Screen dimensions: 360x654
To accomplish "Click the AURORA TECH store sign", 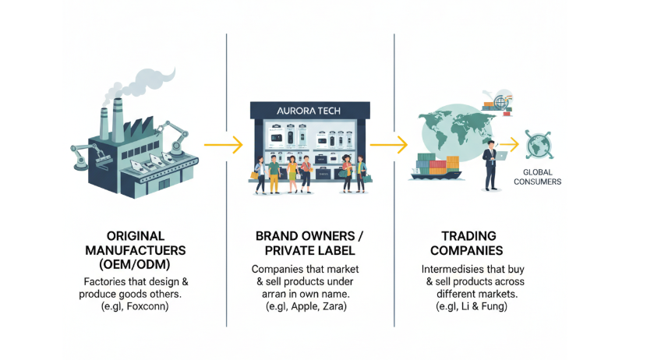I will click(x=308, y=111).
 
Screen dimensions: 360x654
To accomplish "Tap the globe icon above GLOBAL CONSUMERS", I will click(x=538, y=145).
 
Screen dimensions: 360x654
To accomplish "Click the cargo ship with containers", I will click(x=440, y=168).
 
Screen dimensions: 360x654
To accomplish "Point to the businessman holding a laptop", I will click(x=490, y=164).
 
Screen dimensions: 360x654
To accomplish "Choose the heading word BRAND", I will click(x=280, y=235).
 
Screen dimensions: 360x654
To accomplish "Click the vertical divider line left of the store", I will click(x=227, y=179).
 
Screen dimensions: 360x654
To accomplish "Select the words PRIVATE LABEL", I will click(x=309, y=251).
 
